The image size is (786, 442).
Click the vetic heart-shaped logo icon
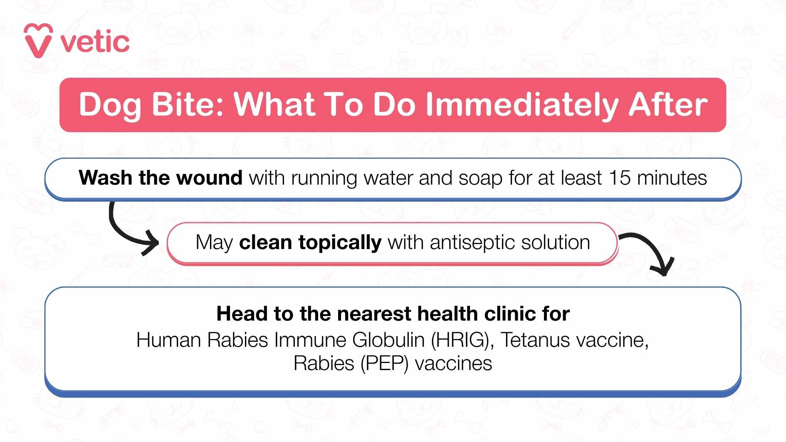[38, 41]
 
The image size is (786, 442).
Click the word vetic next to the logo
[95, 42]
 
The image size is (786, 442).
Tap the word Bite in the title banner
[185, 104]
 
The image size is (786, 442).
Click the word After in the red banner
[667, 104]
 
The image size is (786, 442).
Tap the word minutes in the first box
[672, 178]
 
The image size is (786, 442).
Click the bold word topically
[339, 242]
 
